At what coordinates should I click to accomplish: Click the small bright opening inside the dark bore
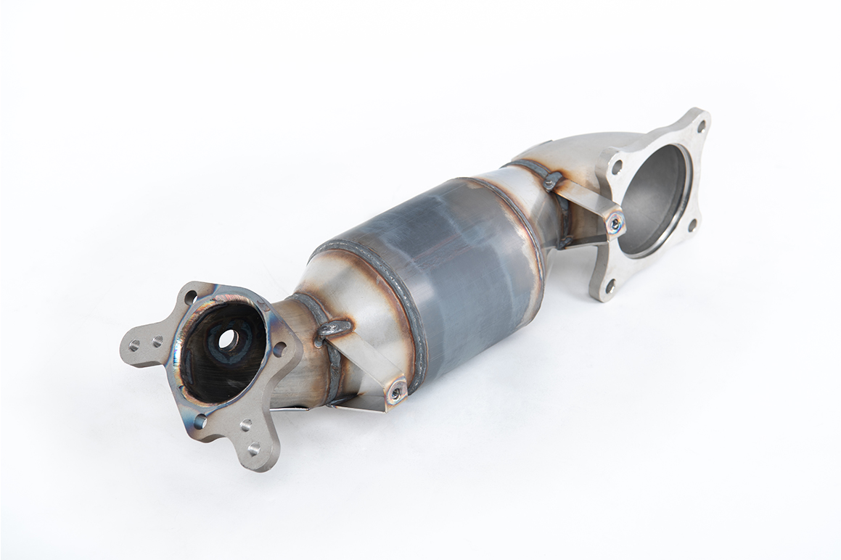click(228, 337)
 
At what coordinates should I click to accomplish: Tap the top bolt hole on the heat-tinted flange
click(190, 296)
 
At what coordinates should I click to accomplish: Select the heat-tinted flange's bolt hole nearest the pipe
click(279, 349)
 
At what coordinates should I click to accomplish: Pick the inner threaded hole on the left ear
click(157, 340)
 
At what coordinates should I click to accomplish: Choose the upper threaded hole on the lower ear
click(245, 425)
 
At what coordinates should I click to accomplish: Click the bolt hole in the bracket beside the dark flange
click(396, 392)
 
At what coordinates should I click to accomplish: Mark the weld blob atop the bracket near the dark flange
click(333, 329)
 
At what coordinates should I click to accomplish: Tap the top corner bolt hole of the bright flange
click(700, 125)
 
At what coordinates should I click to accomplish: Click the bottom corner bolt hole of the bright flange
click(608, 286)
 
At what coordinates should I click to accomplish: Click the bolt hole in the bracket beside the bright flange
click(615, 224)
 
